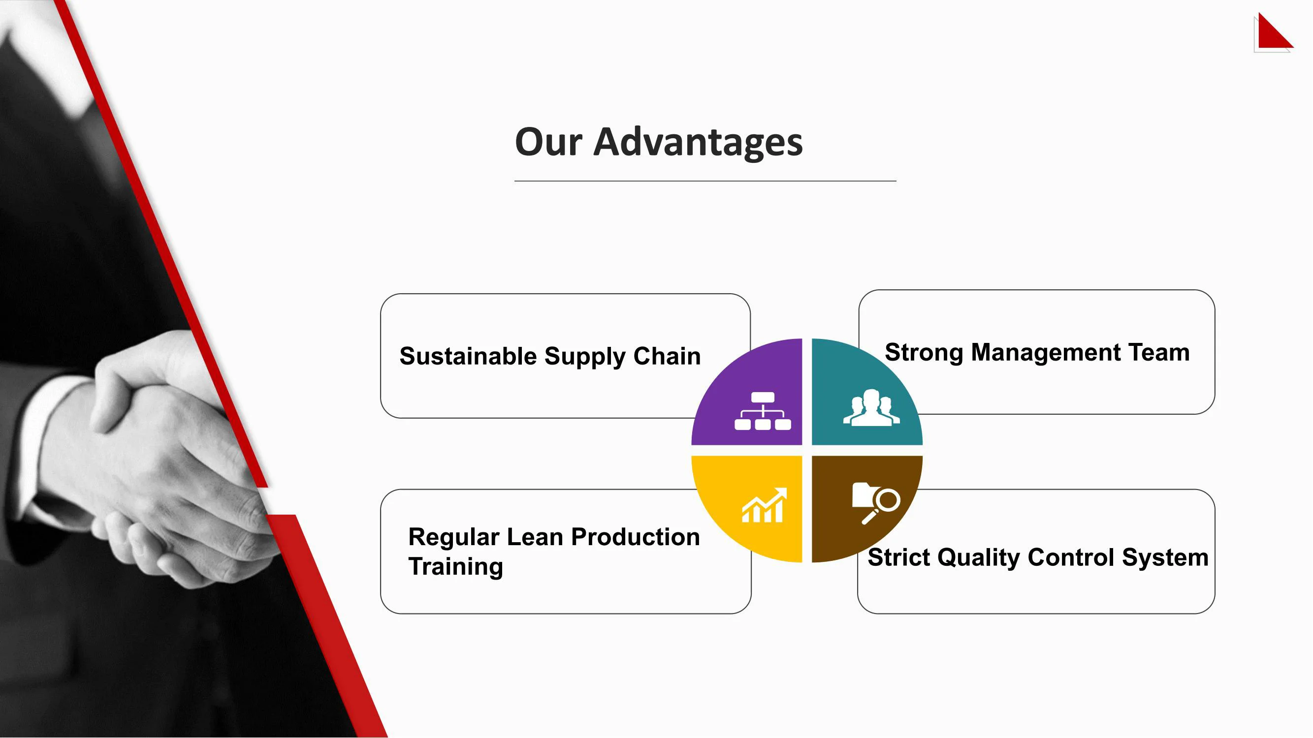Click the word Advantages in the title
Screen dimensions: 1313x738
tap(698, 143)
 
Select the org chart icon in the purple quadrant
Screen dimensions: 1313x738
tap(763, 411)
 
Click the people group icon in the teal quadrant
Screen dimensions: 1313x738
tap(871, 407)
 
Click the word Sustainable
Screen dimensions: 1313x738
tap(468, 356)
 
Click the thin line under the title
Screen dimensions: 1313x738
tap(705, 181)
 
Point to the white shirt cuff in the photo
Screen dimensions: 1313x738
tap(41, 443)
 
